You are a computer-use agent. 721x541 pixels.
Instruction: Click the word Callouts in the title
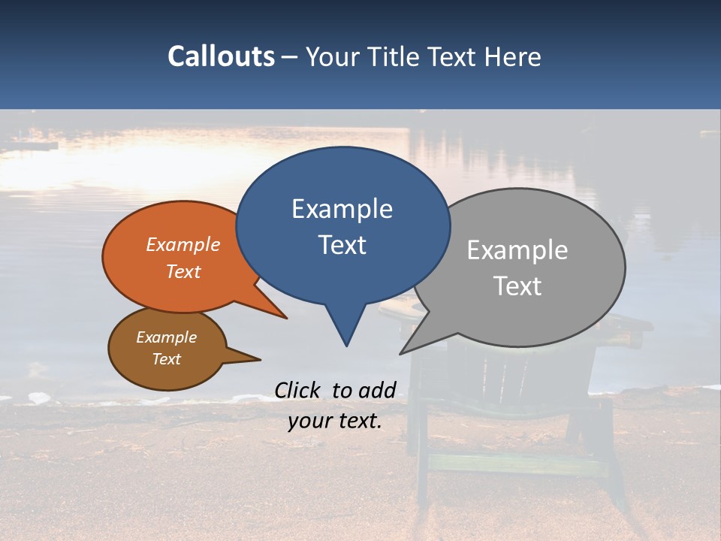pyautogui.click(x=221, y=57)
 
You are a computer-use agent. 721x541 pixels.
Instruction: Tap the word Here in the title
pyautogui.click(x=513, y=57)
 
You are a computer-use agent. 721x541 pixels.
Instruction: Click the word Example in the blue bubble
pyautogui.click(x=342, y=209)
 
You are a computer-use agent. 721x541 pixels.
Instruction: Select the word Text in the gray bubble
pyautogui.click(x=517, y=286)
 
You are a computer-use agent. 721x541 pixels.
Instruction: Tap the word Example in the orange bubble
pyautogui.click(x=183, y=244)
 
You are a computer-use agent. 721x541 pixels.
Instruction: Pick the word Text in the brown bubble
pyautogui.click(x=167, y=359)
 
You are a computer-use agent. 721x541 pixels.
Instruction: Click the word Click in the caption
pyautogui.click(x=298, y=390)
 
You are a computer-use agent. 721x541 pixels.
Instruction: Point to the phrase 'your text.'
pyautogui.click(x=334, y=421)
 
